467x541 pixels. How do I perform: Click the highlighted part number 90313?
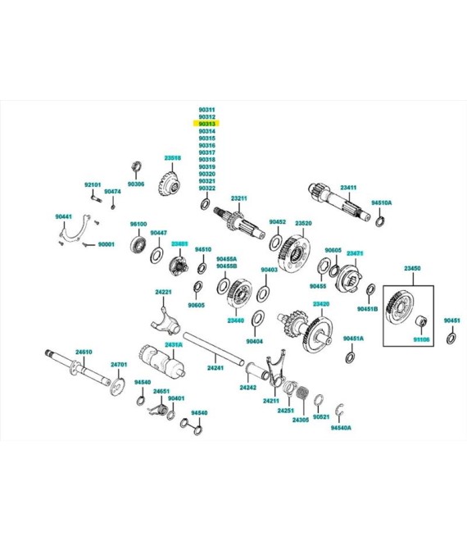click(x=206, y=124)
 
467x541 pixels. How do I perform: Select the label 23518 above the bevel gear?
click(x=172, y=157)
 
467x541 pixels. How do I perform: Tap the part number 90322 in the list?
click(x=206, y=189)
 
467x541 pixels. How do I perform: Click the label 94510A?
click(x=381, y=202)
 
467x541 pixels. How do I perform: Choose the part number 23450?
click(x=411, y=269)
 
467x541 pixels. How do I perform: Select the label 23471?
click(x=354, y=253)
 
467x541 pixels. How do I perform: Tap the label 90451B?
click(x=367, y=309)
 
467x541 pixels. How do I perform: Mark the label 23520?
click(x=303, y=222)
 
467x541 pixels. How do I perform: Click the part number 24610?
click(x=84, y=352)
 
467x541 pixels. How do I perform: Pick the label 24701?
click(x=119, y=364)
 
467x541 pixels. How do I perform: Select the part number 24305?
click(x=301, y=419)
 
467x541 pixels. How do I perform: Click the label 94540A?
click(x=341, y=428)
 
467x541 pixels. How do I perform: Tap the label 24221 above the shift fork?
click(x=164, y=292)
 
